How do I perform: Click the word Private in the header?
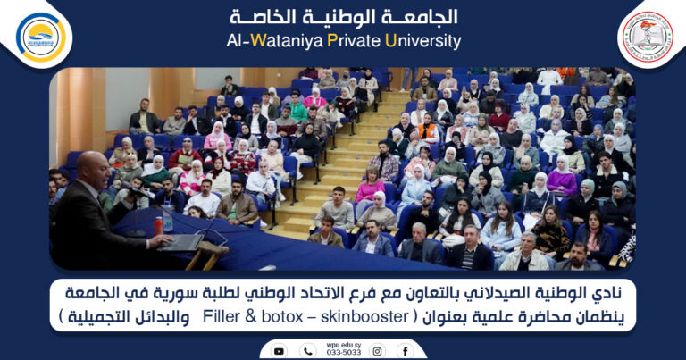pyautogui.click(x=347, y=41)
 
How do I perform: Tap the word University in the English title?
pyautogui.click(x=422, y=41)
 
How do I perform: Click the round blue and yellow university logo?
pyautogui.click(x=41, y=37)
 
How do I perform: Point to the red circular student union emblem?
pyautogui.click(x=646, y=37)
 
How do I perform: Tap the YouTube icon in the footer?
pyautogui.click(x=280, y=351)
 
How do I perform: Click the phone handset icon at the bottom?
pyautogui.click(x=308, y=351)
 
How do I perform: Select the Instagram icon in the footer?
pyautogui.click(x=375, y=351)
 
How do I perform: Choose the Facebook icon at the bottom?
pyautogui.click(x=406, y=351)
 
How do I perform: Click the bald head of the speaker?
pyautogui.click(x=91, y=165)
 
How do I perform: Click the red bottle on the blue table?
pyautogui.click(x=159, y=226)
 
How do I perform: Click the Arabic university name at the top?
pyautogui.click(x=343, y=17)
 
